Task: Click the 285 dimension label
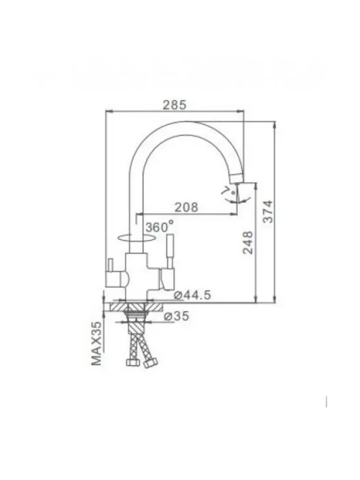click(x=174, y=105)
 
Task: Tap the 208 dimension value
click(x=186, y=207)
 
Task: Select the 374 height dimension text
click(x=268, y=211)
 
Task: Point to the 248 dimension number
click(x=248, y=243)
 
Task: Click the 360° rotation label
click(x=159, y=227)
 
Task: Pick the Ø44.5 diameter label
click(x=192, y=295)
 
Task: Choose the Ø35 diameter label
click(x=177, y=315)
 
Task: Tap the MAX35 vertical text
click(x=97, y=343)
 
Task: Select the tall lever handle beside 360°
click(x=169, y=251)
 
